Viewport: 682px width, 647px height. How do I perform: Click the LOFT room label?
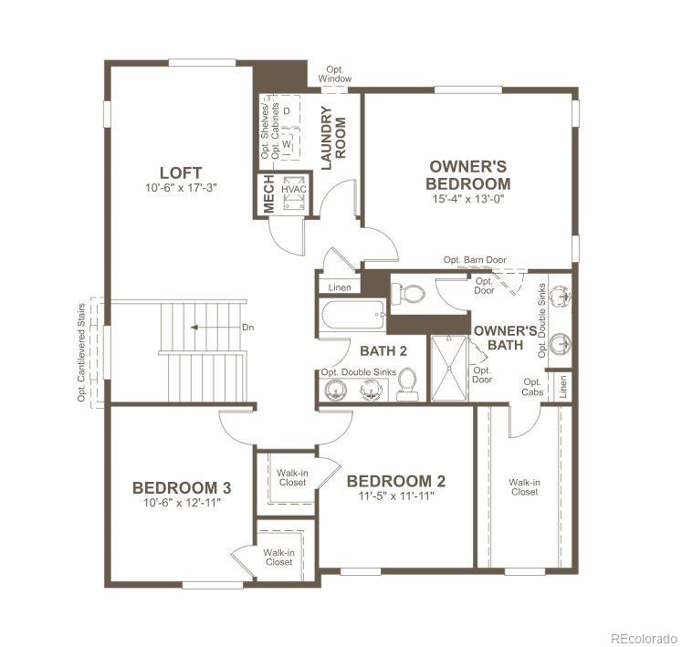tap(180, 172)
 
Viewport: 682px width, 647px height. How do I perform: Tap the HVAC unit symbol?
tap(293, 193)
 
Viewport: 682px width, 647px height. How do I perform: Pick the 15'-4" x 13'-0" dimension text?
tap(468, 197)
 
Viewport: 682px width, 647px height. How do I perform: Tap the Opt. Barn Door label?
tap(475, 260)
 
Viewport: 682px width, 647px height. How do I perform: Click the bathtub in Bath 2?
tap(352, 318)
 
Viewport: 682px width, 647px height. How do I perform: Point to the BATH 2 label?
tap(377, 350)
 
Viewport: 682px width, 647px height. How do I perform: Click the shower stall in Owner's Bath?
tap(448, 368)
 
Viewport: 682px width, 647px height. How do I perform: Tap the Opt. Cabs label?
tap(532, 387)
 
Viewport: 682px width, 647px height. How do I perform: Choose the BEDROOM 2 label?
tap(396, 481)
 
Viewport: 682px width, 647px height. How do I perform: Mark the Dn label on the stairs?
tap(247, 327)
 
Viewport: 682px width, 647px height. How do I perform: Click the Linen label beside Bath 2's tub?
tap(339, 287)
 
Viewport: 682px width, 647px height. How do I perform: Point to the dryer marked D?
tap(288, 110)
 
